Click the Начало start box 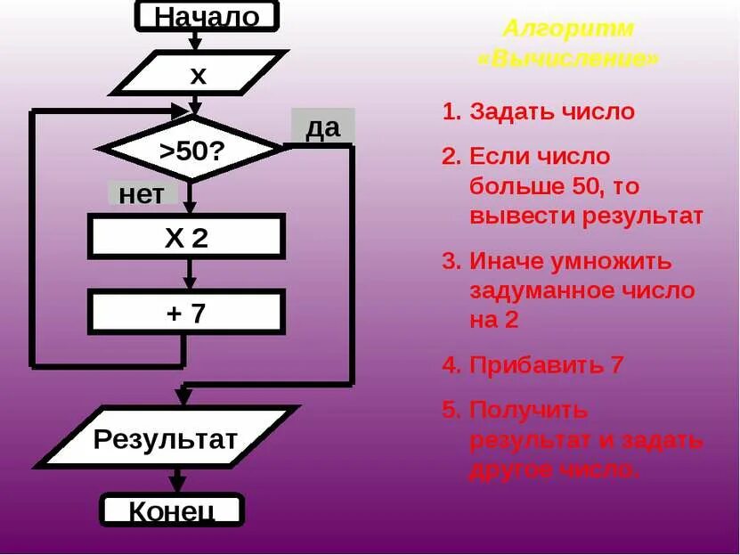(x=206, y=16)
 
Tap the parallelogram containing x (x=198, y=75)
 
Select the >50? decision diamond (x=191, y=150)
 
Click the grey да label (x=322, y=127)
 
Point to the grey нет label (x=142, y=194)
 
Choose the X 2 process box (x=186, y=237)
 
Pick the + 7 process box (x=186, y=313)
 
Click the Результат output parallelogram (x=167, y=438)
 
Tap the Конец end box (x=172, y=510)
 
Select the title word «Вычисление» (x=568, y=59)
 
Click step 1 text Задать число (x=552, y=112)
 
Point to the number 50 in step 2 (x=576, y=187)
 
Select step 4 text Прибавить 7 (x=546, y=364)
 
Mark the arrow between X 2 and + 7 (x=187, y=275)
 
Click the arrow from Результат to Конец (x=177, y=481)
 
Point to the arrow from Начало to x (x=194, y=41)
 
